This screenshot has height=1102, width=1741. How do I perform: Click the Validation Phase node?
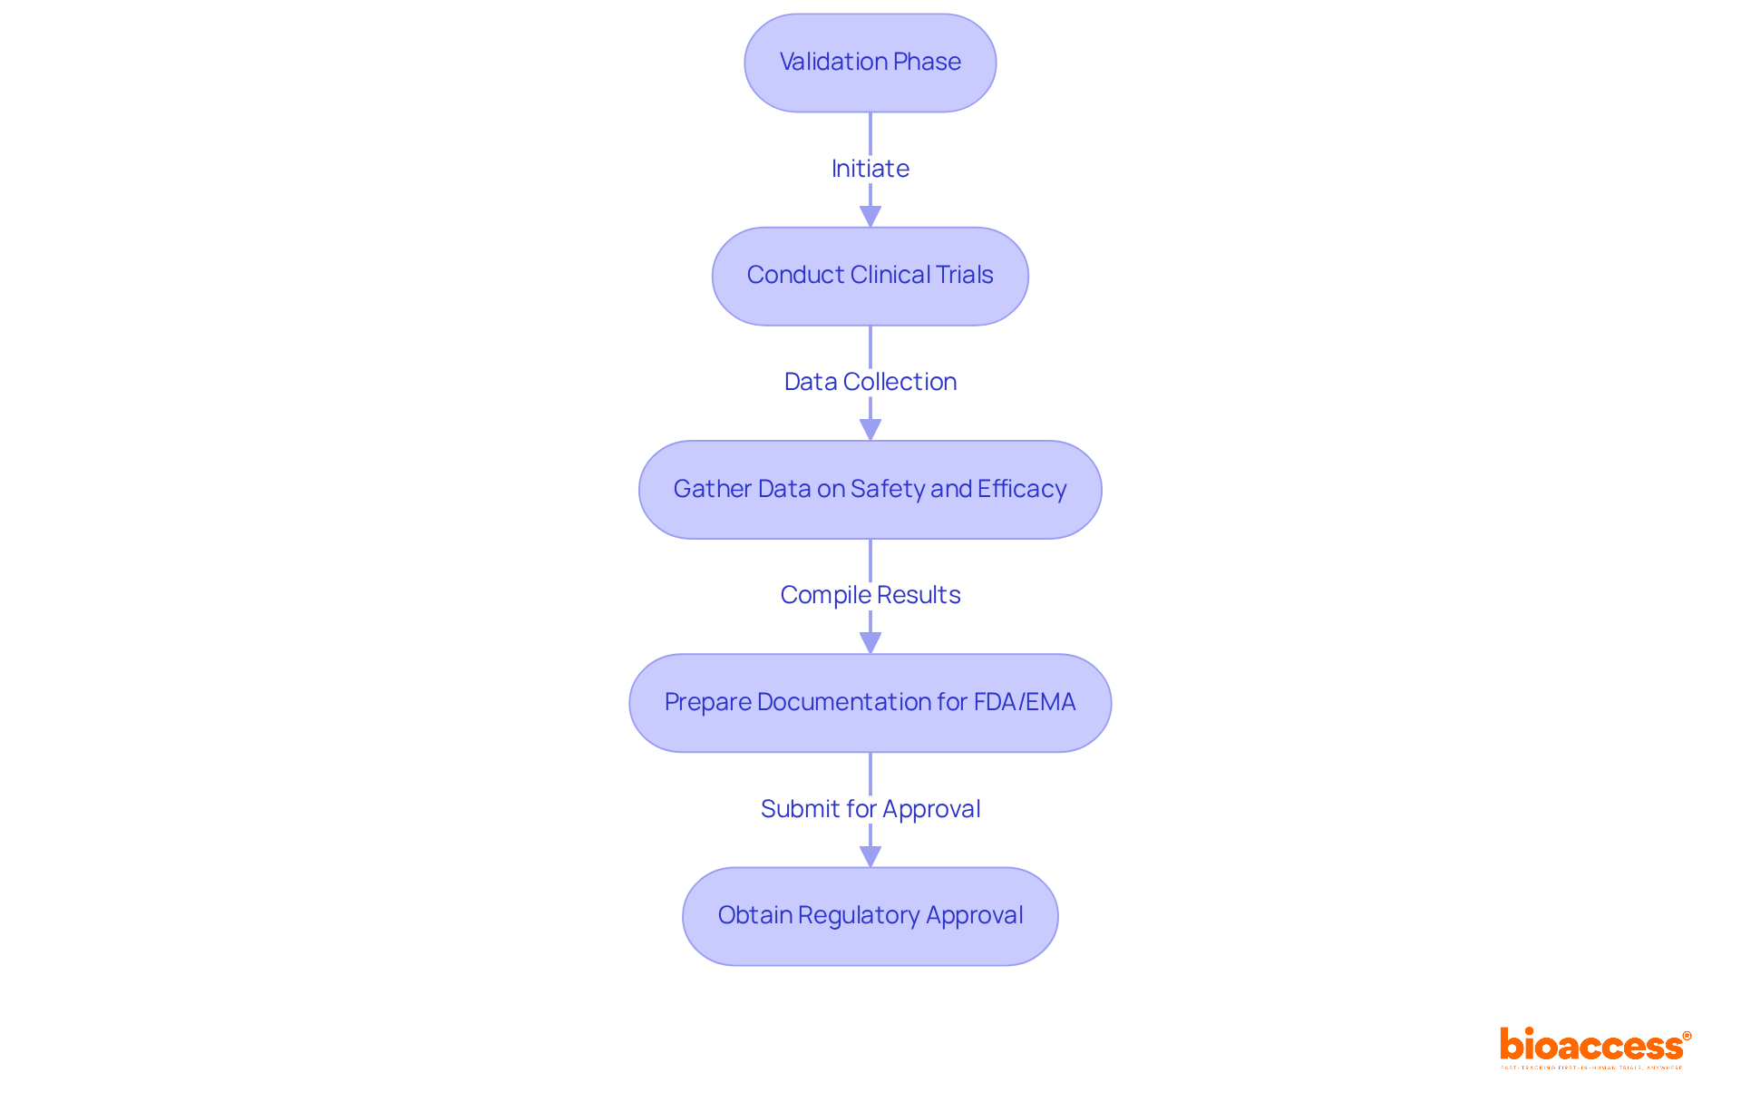click(x=870, y=63)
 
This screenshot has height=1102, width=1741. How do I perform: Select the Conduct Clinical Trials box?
click(x=870, y=276)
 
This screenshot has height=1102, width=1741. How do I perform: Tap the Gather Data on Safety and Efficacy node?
click(x=870, y=490)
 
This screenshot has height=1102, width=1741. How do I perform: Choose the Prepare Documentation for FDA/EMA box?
click(x=870, y=703)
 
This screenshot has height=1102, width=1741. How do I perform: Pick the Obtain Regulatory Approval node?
click(x=870, y=916)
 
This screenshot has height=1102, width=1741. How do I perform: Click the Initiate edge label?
click(x=870, y=169)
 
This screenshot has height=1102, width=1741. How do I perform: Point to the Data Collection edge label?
click(x=870, y=382)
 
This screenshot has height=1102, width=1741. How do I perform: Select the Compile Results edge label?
click(x=870, y=595)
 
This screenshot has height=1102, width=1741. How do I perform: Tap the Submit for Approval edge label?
click(x=870, y=809)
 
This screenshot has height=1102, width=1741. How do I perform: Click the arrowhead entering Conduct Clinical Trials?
click(x=870, y=217)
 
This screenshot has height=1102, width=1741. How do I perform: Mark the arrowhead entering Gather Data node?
click(x=870, y=430)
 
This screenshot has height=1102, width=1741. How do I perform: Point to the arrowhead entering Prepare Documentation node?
click(x=870, y=643)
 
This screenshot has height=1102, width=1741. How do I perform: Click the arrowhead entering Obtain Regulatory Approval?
click(x=870, y=857)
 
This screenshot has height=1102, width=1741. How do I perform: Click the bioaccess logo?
click(x=1592, y=1047)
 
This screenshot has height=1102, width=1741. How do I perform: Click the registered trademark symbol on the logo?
click(x=1687, y=1036)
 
